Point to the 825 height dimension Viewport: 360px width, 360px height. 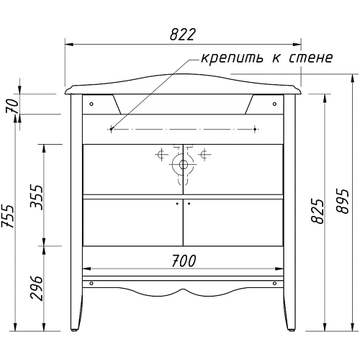[x=314, y=210]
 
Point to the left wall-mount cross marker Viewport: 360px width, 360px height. [x=110, y=130]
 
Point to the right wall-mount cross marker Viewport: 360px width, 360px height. [x=256, y=130]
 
